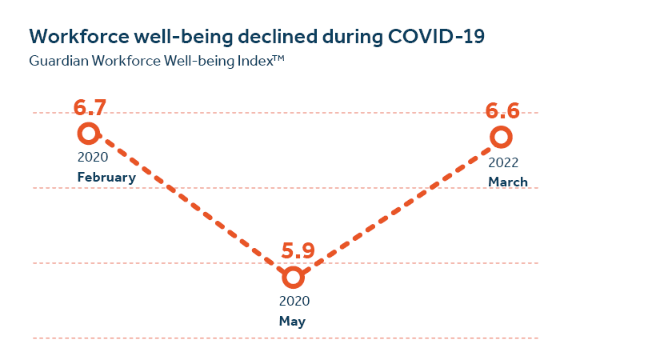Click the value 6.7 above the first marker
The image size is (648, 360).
tap(90, 108)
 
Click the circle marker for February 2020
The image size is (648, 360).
tap(88, 133)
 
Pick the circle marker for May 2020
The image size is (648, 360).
tap(294, 278)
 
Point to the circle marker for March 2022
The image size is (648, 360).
tap(501, 137)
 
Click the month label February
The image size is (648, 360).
tap(106, 178)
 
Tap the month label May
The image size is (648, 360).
tap(293, 322)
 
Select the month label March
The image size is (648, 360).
tap(508, 182)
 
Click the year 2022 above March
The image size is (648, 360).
tap(504, 162)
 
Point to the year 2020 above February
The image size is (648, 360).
tap(92, 158)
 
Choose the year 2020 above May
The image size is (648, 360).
tap(294, 302)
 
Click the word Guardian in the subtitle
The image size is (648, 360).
tap(56, 61)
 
